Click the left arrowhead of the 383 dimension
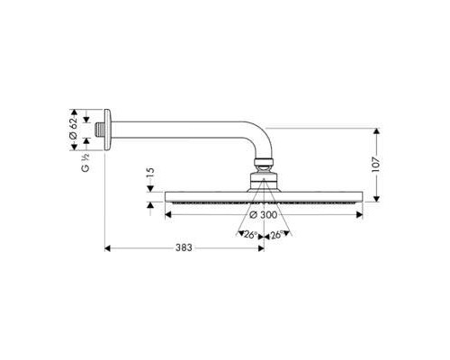click(106, 248)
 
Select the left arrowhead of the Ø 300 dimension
click(166, 216)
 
